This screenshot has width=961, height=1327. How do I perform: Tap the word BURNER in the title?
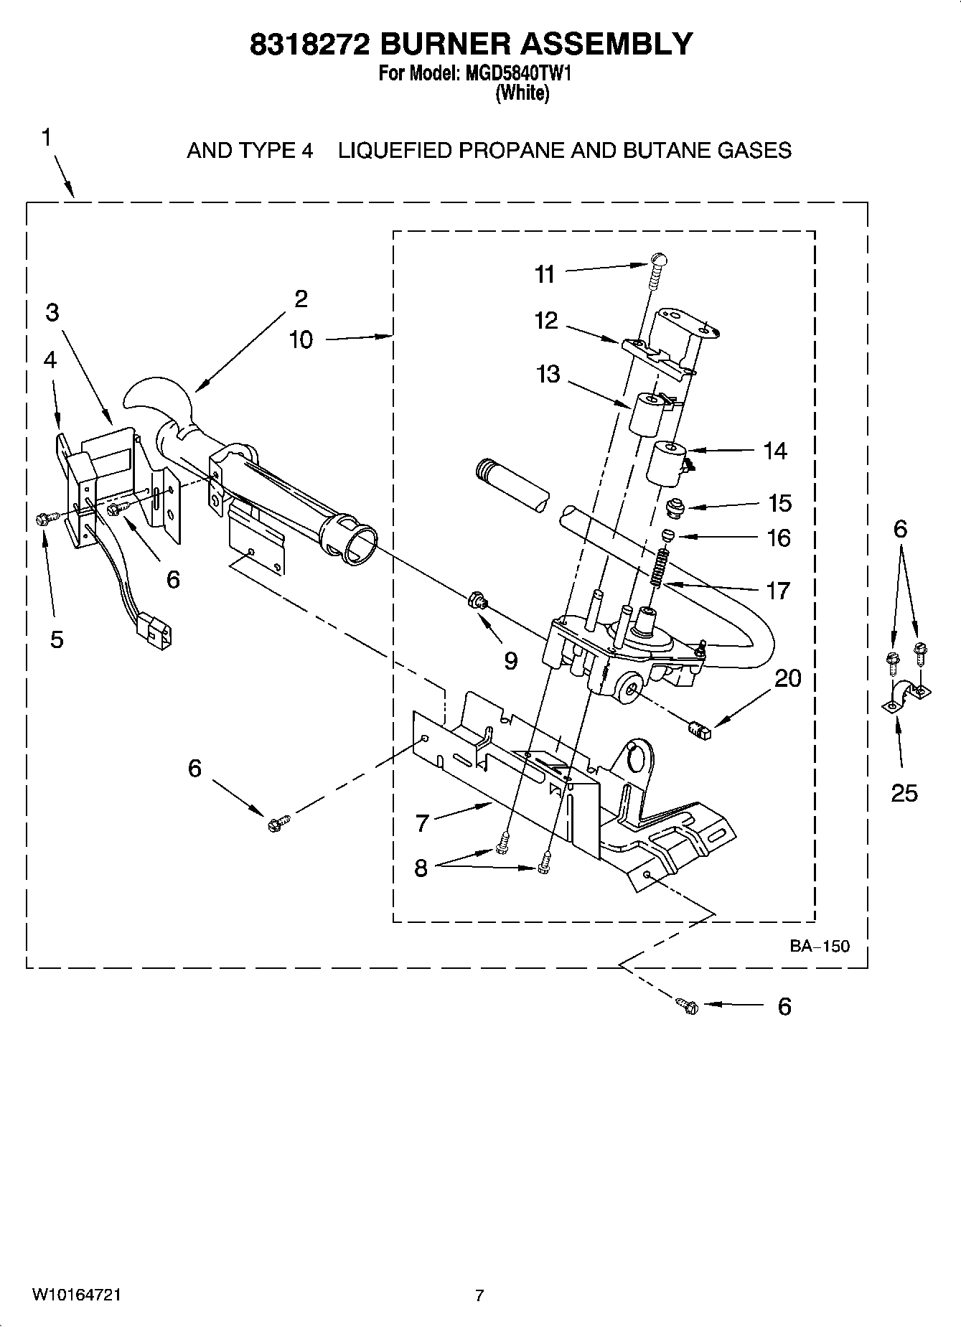444,44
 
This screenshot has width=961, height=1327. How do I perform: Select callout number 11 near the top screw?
545,274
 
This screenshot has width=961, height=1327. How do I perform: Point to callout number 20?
788,677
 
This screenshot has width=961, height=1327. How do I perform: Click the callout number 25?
904,792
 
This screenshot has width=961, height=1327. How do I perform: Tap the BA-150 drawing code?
820,946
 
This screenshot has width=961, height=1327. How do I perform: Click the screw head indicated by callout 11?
659,260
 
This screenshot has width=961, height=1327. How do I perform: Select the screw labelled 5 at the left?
42,518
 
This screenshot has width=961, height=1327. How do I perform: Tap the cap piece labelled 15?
675,507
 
